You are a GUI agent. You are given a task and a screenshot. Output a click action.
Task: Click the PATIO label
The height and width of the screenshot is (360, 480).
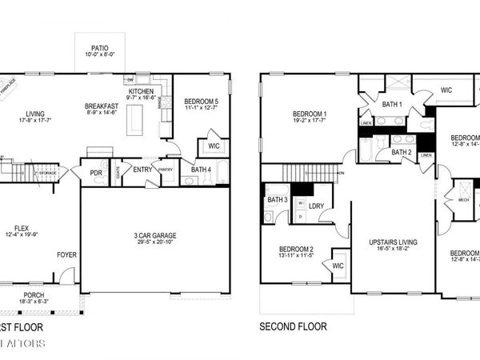pos(100,48)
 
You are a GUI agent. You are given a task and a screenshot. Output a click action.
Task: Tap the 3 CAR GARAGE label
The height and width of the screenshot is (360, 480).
pos(155,235)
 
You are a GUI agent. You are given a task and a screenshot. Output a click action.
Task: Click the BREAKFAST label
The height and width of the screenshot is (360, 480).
pos(102,106)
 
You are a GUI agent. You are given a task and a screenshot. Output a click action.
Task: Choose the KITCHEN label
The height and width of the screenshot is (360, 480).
pos(142,91)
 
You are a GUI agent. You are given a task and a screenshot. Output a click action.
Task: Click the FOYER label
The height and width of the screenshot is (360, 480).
pos(66,255)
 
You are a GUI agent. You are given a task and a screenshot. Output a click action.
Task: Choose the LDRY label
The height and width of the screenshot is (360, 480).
pos(315,206)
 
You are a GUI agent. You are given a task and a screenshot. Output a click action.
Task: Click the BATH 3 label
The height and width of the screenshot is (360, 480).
pos(277,199)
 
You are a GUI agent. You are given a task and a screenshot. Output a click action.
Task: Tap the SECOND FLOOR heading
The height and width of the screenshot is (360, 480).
pos(293,326)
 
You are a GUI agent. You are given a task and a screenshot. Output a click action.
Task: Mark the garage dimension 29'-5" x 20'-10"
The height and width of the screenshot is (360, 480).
pos(155,242)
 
